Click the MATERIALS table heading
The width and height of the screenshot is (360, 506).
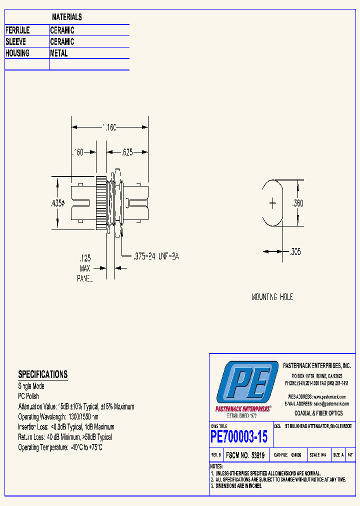pyautogui.click(x=66, y=17)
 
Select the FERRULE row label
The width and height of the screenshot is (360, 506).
pyautogui.click(x=17, y=30)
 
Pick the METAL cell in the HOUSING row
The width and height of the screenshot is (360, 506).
pyautogui.click(x=59, y=53)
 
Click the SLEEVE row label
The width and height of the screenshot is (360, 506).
pyautogui.click(x=15, y=42)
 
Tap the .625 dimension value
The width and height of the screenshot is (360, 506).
pyautogui.click(x=127, y=152)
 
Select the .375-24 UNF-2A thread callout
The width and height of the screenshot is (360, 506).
pyautogui.click(x=155, y=256)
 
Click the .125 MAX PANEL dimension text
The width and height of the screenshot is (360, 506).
pyautogui.click(x=85, y=268)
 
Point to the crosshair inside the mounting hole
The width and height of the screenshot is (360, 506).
pyautogui.click(x=272, y=203)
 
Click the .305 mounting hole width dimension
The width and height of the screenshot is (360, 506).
pyautogui.click(x=295, y=252)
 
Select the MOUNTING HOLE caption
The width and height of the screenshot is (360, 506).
pyautogui.click(x=272, y=297)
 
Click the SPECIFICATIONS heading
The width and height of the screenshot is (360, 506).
pyautogui.click(x=42, y=374)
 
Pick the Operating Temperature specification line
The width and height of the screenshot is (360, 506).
pyautogui.click(x=60, y=447)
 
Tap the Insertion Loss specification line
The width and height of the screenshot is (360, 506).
pyautogui.click(x=66, y=427)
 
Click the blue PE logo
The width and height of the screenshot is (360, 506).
pyautogui.click(x=246, y=382)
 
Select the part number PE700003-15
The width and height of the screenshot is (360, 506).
pyautogui.click(x=239, y=436)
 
